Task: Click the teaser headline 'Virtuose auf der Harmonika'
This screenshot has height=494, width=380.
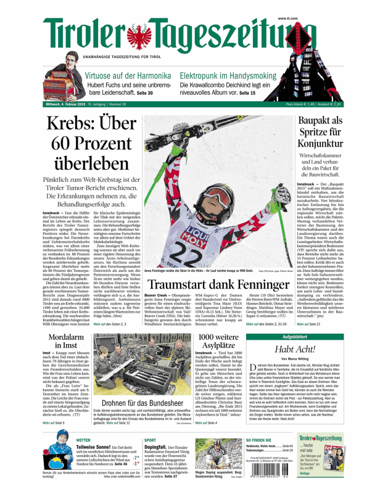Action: pyautogui.click(x=128, y=74)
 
